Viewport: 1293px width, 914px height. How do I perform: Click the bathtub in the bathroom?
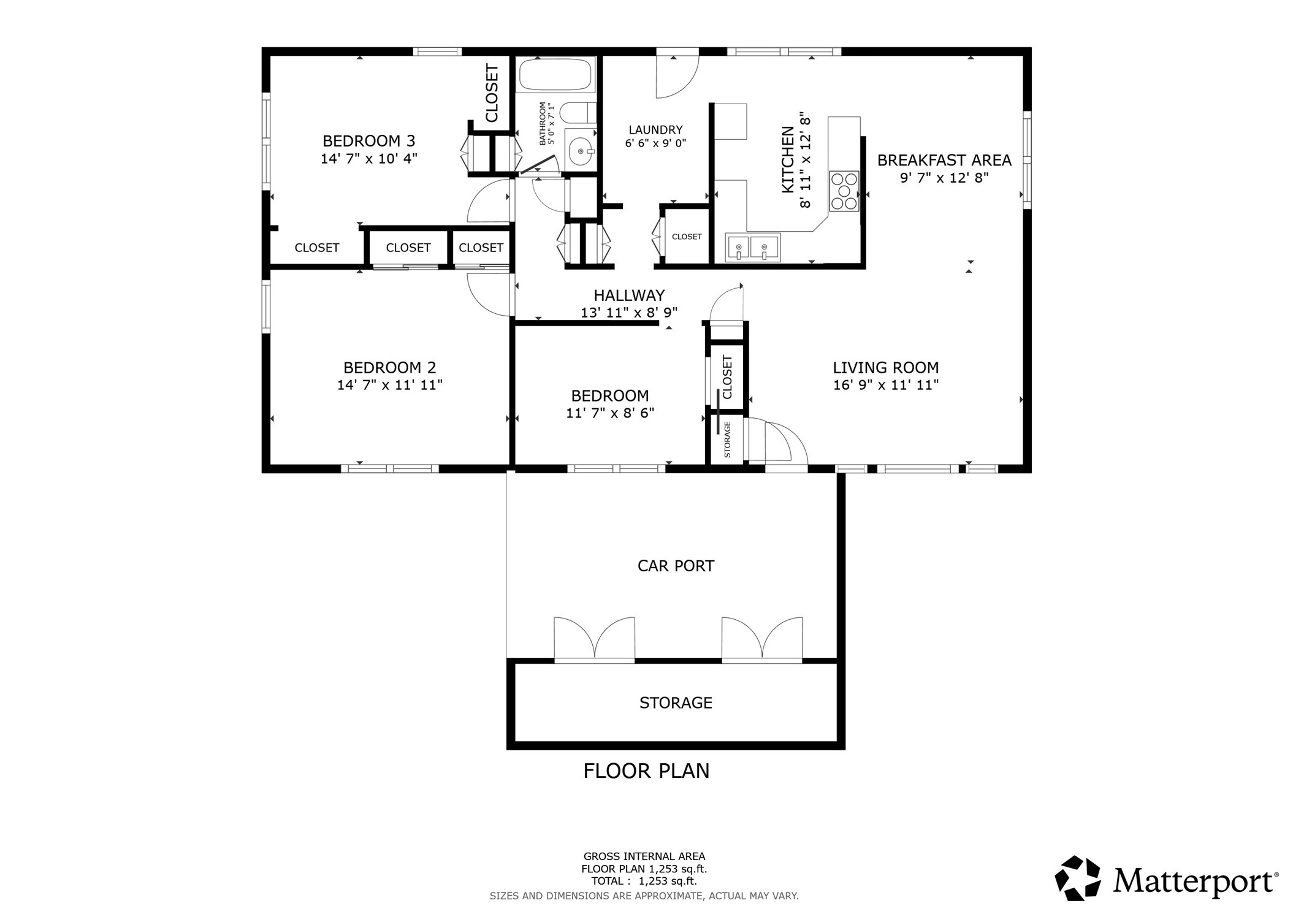pos(555,75)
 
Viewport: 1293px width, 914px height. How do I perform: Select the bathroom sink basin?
pos(579,150)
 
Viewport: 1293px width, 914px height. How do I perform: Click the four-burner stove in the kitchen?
pos(844,191)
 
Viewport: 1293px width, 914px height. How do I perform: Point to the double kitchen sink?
pos(752,247)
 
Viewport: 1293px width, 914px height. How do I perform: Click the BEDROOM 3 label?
pos(368,141)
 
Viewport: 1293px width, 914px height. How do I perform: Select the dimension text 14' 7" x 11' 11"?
pos(389,385)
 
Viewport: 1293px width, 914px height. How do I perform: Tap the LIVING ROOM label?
pos(885,368)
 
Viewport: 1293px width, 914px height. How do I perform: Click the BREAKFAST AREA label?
pos(944,161)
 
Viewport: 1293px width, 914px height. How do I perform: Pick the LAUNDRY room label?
pos(655,130)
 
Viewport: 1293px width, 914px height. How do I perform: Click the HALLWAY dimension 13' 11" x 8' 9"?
pos(628,313)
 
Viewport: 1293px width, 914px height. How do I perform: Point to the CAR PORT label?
pos(676,566)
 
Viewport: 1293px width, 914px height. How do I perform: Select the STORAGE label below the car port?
pos(676,703)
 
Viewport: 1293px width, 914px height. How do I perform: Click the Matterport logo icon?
pos(1077,878)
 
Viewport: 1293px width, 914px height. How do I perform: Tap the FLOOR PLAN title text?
pos(646,771)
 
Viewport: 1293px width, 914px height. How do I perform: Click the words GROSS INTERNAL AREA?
pos(644,856)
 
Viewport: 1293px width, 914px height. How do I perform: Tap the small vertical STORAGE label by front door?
pos(727,440)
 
